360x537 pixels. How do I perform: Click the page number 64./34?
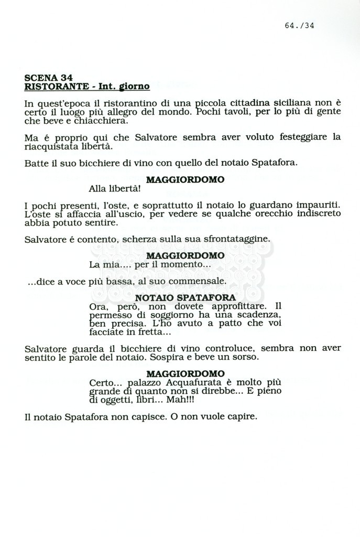(299, 25)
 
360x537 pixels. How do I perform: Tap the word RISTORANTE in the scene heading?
(50, 86)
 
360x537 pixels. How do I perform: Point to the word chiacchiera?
(104, 121)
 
